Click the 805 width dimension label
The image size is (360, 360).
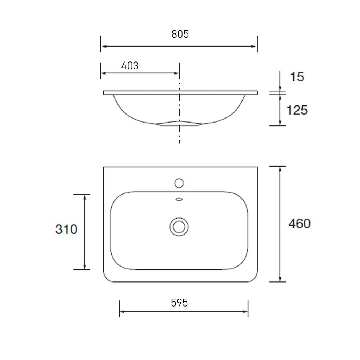[180, 34]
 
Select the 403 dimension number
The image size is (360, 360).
[129, 66]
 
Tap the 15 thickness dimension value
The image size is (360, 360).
[297, 77]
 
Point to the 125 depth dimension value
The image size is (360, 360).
[297, 110]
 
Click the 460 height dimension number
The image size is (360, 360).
[299, 224]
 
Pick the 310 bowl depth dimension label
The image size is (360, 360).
[66, 229]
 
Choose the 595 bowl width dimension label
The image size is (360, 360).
[180, 302]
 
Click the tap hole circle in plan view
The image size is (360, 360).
[179, 183]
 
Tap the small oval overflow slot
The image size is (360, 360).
[179, 199]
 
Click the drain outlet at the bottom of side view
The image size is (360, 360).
[179, 125]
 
